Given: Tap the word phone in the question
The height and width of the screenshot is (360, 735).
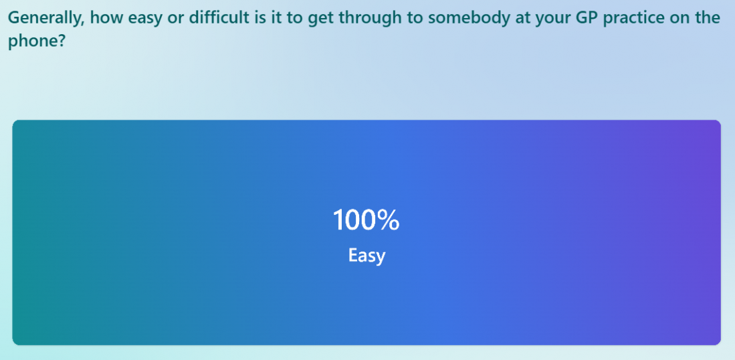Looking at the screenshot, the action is pos(31,41).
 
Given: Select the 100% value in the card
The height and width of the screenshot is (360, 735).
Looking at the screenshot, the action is pos(366,220).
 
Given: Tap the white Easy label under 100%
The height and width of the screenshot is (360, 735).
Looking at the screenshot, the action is pos(366,256).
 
